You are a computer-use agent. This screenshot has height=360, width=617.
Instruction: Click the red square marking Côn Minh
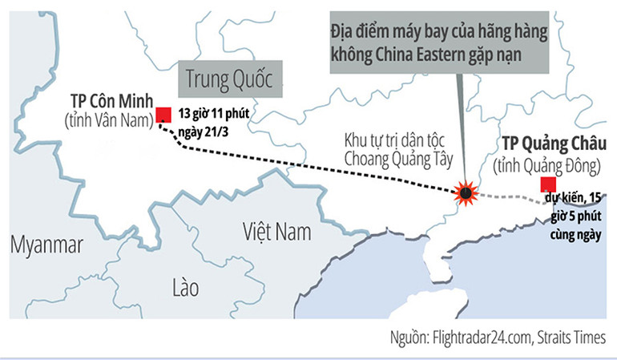click(163, 114)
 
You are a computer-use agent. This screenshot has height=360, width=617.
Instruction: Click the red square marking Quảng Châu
click(547, 184)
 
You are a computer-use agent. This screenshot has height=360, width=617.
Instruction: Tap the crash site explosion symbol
click(463, 193)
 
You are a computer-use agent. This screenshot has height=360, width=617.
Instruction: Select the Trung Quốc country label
click(229, 79)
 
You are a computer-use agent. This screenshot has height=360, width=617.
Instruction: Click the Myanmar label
click(46, 245)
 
